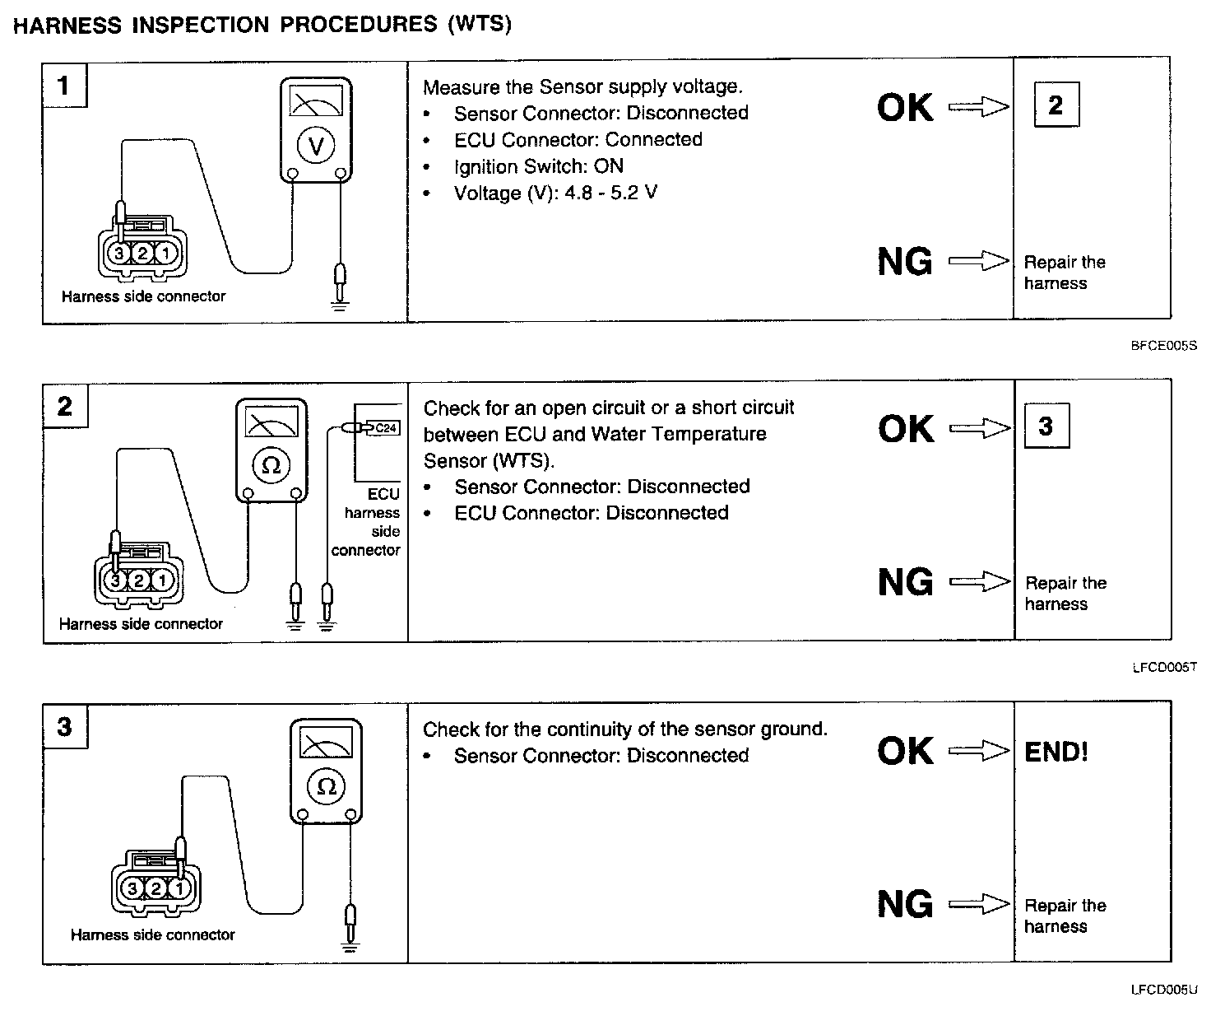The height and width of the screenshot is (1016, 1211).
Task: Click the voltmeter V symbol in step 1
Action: click(316, 146)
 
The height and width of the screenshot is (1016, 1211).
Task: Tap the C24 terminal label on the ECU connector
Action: click(387, 427)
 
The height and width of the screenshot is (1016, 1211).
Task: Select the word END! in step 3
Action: click(1056, 752)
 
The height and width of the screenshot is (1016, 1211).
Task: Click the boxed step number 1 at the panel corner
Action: click(64, 85)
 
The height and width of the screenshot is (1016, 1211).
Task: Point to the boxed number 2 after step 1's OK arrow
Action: click(1056, 105)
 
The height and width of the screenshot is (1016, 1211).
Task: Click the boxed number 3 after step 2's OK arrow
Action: click(1046, 426)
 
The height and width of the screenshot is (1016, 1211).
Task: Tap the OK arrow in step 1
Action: click(979, 106)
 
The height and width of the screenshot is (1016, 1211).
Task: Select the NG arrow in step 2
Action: click(980, 582)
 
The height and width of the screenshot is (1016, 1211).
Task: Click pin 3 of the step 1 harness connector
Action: click(119, 253)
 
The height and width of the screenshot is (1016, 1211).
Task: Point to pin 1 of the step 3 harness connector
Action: click(179, 888)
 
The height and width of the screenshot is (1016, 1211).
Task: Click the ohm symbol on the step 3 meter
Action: click(327, 786)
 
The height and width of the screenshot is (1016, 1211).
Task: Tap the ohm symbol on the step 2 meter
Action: click(271, 465)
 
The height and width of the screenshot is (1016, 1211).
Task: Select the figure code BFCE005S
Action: click(1163, 347)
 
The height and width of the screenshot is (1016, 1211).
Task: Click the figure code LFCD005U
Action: click(1163, 990)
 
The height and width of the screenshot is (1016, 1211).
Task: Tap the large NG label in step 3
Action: click(905, 905)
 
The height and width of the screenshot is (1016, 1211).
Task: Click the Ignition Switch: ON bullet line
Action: click(539, 166)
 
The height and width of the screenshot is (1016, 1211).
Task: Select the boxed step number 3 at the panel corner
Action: click(64, 727)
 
